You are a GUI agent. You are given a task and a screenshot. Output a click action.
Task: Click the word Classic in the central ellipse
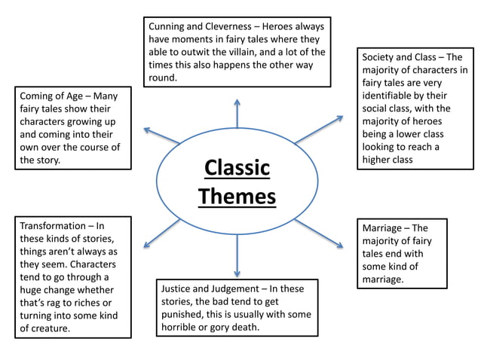237,167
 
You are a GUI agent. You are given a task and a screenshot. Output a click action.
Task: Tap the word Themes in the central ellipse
237,197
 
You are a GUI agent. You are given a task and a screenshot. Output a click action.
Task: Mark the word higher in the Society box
379,160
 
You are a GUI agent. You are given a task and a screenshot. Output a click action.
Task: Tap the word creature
47,328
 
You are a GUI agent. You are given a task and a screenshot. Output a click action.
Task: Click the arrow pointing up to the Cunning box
237,113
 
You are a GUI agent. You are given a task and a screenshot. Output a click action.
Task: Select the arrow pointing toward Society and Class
319,130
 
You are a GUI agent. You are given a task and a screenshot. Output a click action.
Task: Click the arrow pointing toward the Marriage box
319,233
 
